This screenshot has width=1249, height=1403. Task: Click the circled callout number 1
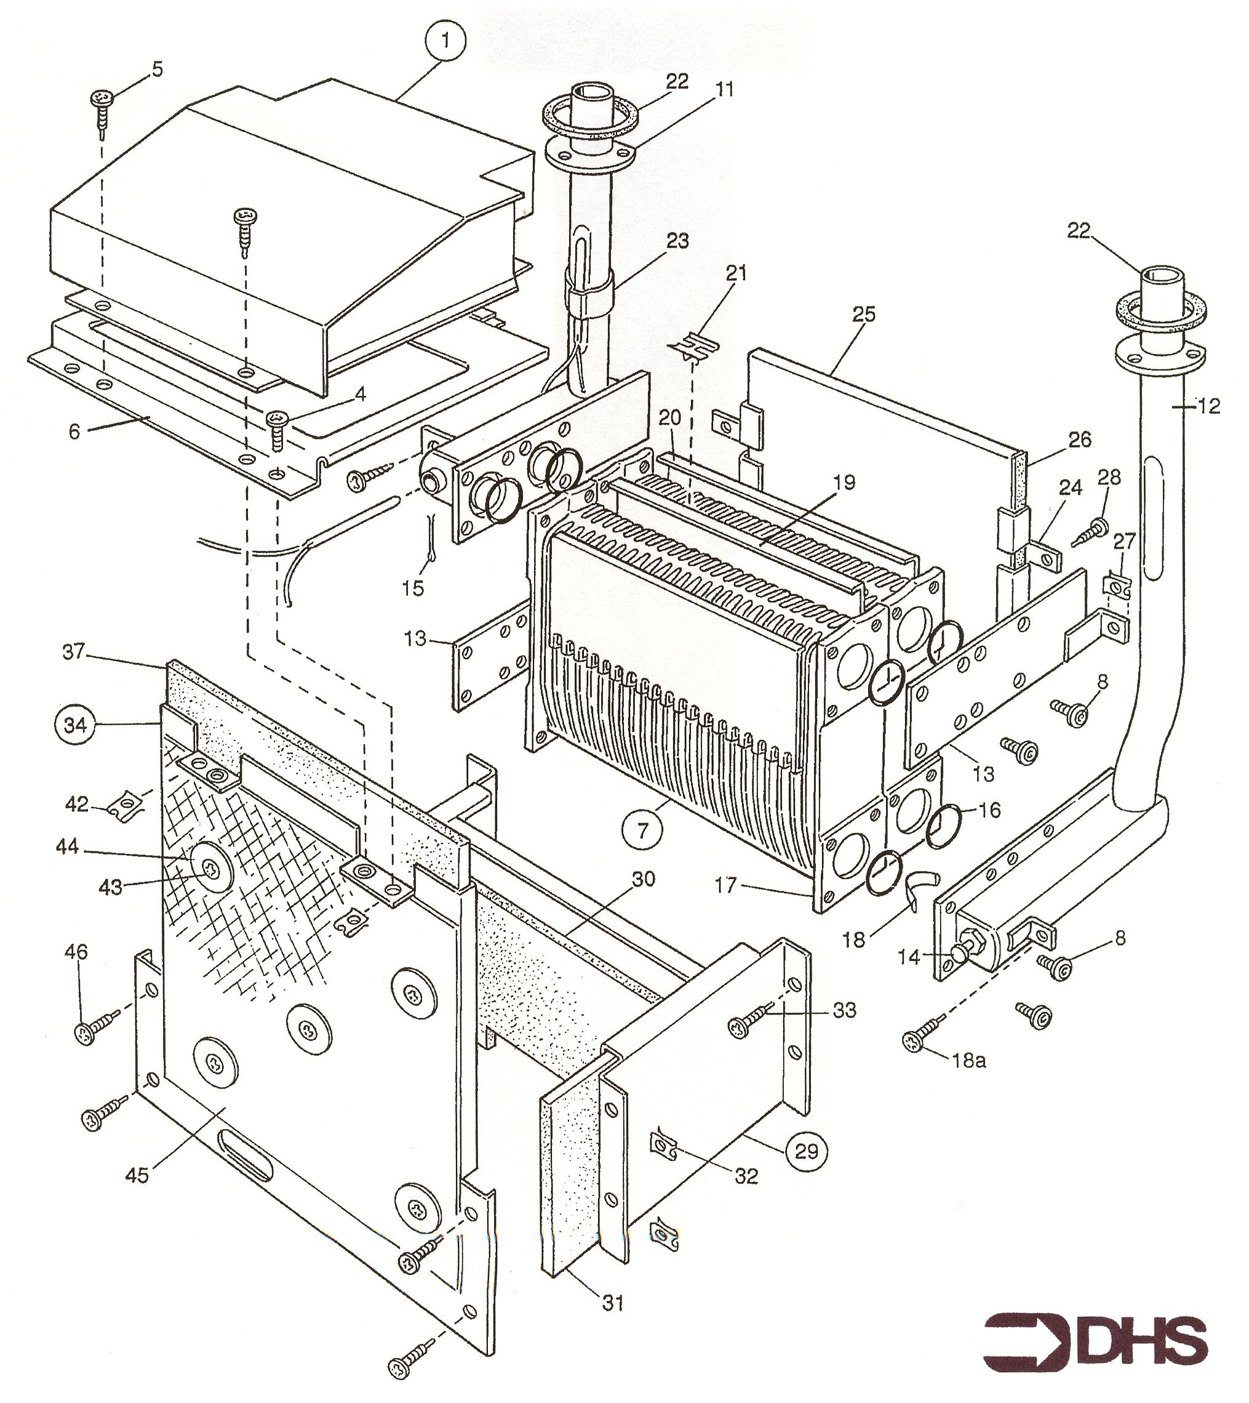pyautogui.click(x=446, y=42)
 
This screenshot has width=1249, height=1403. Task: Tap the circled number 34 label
pyautogui.click(x=75, y=724)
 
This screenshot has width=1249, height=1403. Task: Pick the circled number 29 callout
pyautogui.click(x=807, y=1150)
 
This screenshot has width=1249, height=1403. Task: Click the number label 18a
pyautogui.click(x=969, y=1061)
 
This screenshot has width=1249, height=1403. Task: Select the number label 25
pyautogui.click(x=864, y=315)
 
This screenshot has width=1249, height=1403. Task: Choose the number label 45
pyautogui.click(x=137, y=1175)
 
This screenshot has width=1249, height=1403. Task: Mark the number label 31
pyautogui.click(x=613, y=1303)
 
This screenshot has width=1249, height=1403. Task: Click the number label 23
pyautogui.click(x=677, y=241)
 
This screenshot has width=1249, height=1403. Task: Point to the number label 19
pyautogui.click(x=844, y=483)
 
